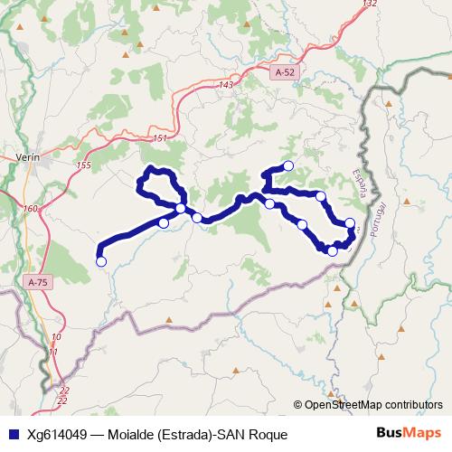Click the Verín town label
click(x=29, y=156)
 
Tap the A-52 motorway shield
click(x=285, y=70)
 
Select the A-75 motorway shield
click(x=37, y=282)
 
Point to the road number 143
click(x=226, y=85)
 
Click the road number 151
click(x=160, y=137)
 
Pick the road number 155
click(x=84, y=165)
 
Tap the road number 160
click(x=31, y=209)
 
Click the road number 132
click(x=368, y=5)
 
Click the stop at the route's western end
click(x=101, y=261)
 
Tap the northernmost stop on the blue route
click(x=288, y=165)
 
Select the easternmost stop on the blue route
click(x=351, y=222)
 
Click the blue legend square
click(x=11, y=435)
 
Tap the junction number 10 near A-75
click(x=56, y=335)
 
